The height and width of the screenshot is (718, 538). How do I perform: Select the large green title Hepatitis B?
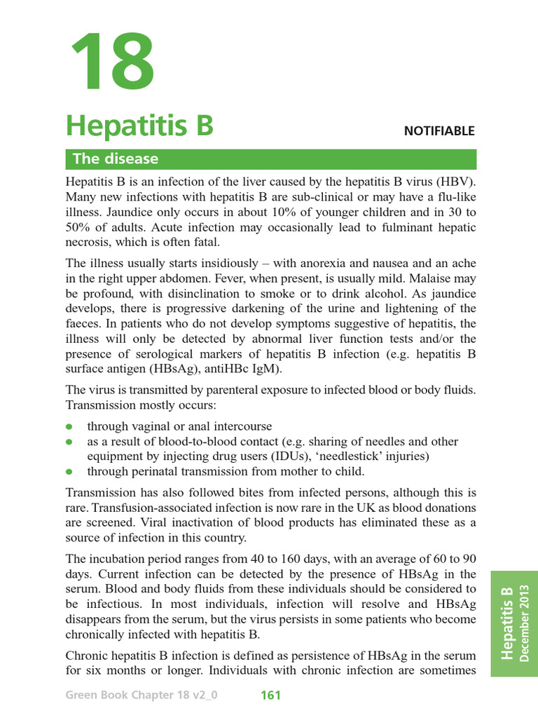139,127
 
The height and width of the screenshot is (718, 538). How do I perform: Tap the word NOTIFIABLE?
439,131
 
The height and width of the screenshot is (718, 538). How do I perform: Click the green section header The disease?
116,159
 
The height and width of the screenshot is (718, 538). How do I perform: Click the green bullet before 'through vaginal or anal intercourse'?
69,426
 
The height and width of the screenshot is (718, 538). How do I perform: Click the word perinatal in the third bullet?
158,471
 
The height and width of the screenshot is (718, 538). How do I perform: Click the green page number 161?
270,696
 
